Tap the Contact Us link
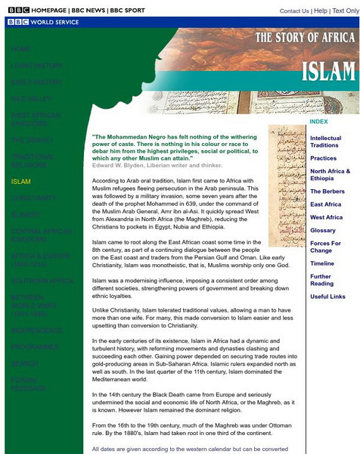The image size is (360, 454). pyautogui.click(x=294, y=11)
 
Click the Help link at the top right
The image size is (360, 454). pyautogui.click(x=321, y=11)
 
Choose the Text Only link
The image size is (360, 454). pyautogui.click(x=346, y=11)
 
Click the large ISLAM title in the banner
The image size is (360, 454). pyautogui.click(x=328, y=72)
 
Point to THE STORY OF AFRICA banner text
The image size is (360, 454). pyautogui.click(x=305, y=38)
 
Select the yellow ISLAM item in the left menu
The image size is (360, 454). pyautogui.click(x=21, y=182)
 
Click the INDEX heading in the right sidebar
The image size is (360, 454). pyautogui.click(x=318, y=122)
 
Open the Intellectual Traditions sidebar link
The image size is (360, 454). pyautogui.click(x=325, y=141)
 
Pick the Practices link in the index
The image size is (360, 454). pyautogui.click(x=323, y=158)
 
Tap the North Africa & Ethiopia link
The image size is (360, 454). pyautogui.click(x=330, y=175)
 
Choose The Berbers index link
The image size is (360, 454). pyautogui.click(x=327, y=191)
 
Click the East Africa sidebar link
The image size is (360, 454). pyautogui.click(x=326, y=204)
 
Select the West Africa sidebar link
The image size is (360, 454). pyautogui.click(x=326, y=217)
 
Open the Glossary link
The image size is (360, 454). pyautogui.click(x=323, y=230)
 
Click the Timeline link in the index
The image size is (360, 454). pyautogui.click(x=322, y=263)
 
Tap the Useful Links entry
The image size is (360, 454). pyautogui.click(x=328, y=297)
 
